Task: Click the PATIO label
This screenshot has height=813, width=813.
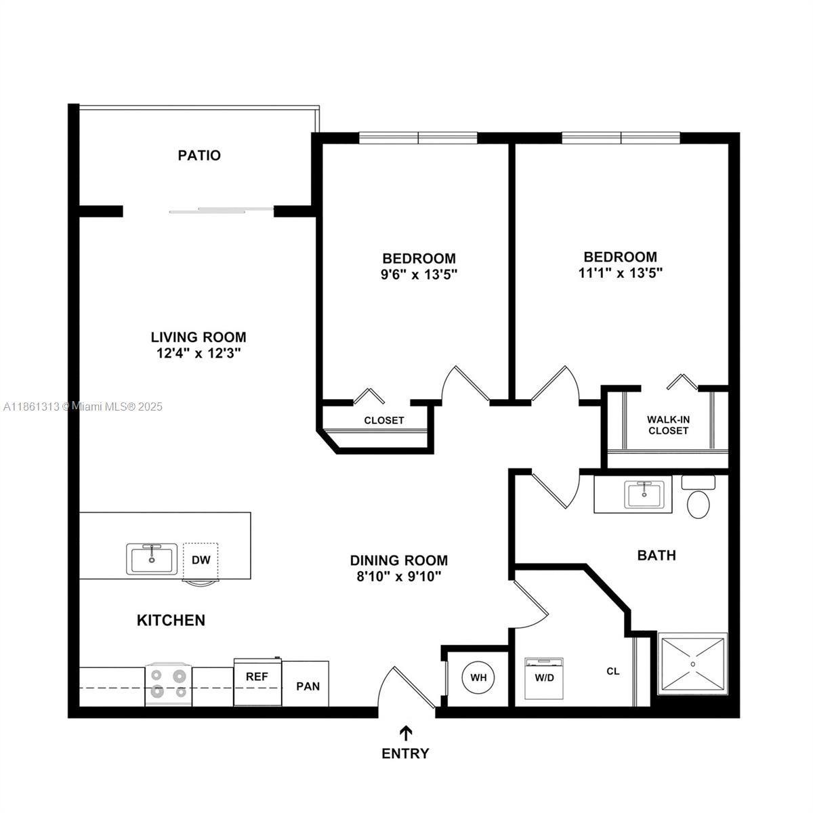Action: [x=199, y=155]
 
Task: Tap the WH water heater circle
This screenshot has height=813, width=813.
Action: [x=478, y=677]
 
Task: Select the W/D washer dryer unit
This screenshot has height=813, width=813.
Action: [x=544, y=678]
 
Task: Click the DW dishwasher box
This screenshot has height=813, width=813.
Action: [x=200, y=560]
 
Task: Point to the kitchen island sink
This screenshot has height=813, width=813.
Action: [x=151, y=559]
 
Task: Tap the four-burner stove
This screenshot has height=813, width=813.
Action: [x=168, y=684]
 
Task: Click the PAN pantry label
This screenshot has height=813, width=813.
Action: [x=308, y=686]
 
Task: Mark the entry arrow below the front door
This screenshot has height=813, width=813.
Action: [x=406, y=733]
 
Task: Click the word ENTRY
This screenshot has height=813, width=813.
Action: [x=405, y=753]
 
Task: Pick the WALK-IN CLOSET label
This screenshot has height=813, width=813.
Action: [x=668, y=425]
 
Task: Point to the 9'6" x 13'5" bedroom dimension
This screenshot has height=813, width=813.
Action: [x=419, y=274]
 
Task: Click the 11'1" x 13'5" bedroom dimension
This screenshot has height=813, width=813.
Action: [x=620, y=273]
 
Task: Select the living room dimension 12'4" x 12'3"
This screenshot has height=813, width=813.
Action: [x=198, y=353]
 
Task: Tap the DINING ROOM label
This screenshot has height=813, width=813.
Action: [x=398, y=560]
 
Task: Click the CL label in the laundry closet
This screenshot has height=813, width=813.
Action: [x=612, y=671]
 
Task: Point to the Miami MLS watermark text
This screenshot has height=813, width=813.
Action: [x=83, y=406]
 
